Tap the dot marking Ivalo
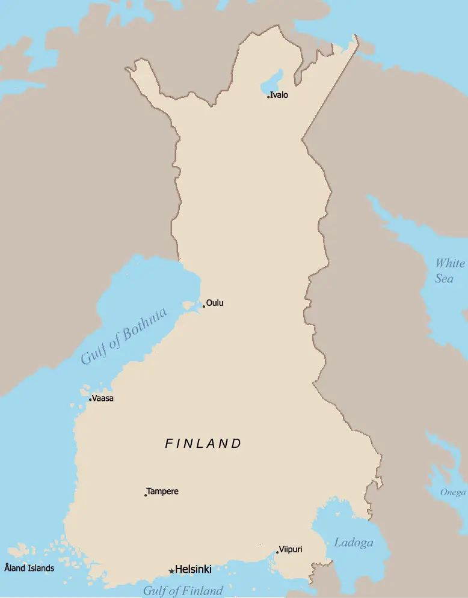click(268, 97)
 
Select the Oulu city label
click(215, 303)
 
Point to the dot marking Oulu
click(204, 307)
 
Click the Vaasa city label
click(103, 398)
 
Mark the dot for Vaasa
click(90, 400)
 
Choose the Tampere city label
click(162, 492)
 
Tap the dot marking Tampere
click(146, 495)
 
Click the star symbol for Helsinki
click(171, 571)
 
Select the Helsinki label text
click(193, 569)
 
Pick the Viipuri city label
click(291, 549)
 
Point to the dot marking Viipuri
click(277, 553)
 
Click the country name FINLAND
click(203, 444)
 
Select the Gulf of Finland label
click(183, 590)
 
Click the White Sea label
click(449, 271)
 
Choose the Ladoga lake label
click(353, 543)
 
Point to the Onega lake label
click(452, 492)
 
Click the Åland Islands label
click(29, 568)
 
